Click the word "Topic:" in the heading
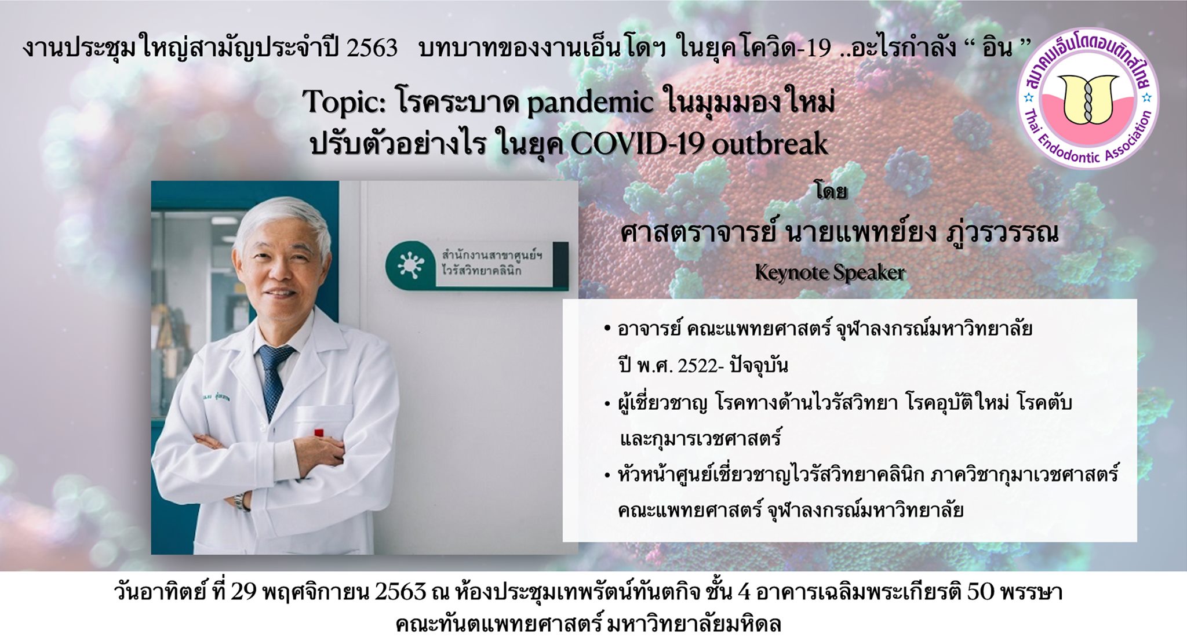(345, 103)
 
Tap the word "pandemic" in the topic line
(590, 103)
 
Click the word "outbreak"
(770, 144)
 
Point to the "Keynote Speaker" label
(830, 272)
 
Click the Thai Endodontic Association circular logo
(1088, 99)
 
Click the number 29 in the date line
(244, 592)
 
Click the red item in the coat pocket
(319, 432)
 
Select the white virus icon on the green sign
(411, 265)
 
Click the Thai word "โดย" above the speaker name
(831, 191)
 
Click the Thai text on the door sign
(492, 263)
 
